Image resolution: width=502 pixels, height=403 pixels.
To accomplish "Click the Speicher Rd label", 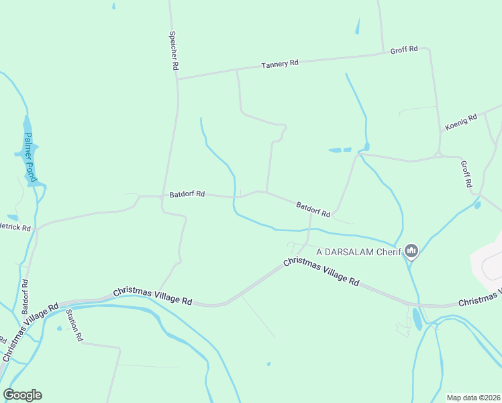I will tap(174, 51).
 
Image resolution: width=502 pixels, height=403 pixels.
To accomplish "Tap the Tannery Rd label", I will tap(280, 64).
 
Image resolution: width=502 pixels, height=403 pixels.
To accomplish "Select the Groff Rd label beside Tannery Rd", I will tap(404, 49).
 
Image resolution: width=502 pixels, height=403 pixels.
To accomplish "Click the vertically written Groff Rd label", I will tap(467, 174).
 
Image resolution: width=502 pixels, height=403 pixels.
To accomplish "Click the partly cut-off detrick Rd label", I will tap(16, 228).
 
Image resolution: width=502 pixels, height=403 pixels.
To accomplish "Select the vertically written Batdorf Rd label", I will tap(26, 298).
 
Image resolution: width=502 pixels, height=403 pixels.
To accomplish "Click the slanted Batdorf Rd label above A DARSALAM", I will tap(313, 210).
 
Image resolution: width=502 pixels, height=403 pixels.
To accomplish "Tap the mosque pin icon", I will tap(411, 252).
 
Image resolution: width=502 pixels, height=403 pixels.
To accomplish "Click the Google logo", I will tap(22, 395).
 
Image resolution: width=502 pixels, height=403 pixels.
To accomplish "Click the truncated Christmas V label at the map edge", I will tap(480, 300).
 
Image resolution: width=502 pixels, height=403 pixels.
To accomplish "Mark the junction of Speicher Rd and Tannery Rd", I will tap(177, 79).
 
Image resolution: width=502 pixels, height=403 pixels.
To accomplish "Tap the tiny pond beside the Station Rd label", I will tap(59, 328).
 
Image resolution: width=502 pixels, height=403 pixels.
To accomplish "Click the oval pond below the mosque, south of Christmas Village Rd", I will tap(417, 318).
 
